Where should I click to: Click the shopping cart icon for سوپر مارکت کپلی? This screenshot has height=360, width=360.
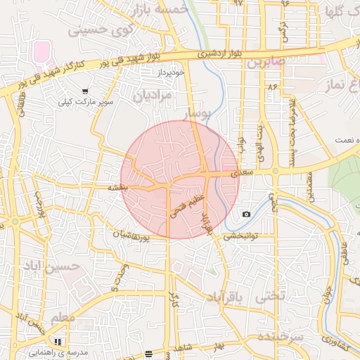(85, 91)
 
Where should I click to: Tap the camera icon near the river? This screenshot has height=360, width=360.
(246, 214)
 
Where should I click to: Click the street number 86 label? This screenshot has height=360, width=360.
(272, 86)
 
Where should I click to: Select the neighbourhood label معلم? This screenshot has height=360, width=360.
(63, 318)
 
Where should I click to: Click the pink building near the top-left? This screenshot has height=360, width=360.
(41, 51)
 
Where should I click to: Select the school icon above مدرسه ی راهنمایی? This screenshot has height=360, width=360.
(58, 342)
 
